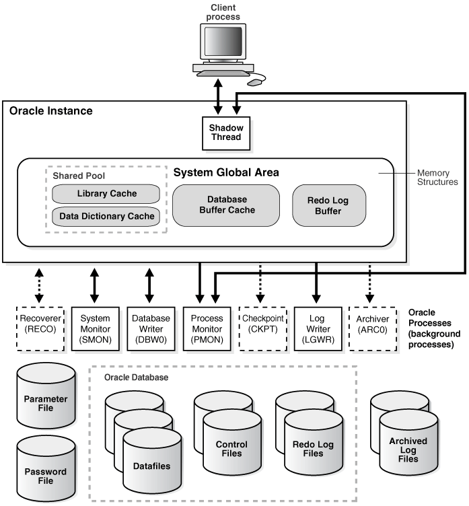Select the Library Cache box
tap(106, 194)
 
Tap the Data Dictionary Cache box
tap(106, 216)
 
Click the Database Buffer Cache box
tap(226, 205)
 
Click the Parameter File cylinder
tap(46, 398)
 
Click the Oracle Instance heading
tap(51, 110)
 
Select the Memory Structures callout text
tap(438, 178)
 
